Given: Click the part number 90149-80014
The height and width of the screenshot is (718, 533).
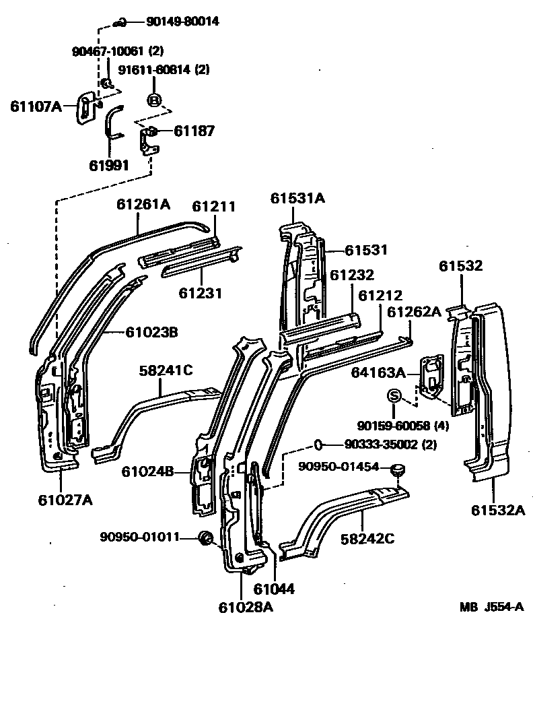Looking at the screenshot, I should (182, 22).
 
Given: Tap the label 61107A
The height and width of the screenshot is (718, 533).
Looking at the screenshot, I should (36, 106).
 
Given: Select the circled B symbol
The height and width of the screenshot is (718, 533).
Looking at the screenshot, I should (154, 100).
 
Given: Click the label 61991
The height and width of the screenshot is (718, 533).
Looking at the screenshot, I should (109, 165).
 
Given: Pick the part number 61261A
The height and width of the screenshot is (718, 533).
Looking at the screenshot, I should (143, 204).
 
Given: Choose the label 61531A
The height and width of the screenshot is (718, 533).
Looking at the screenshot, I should (298, 198).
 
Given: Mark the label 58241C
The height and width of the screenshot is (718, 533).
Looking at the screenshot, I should (166, 370).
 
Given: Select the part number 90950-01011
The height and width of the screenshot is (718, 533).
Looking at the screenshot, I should (139, 537).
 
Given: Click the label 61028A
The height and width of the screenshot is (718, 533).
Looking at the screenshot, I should (245, 607).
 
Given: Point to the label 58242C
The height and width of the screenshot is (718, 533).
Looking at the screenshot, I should (367, 538).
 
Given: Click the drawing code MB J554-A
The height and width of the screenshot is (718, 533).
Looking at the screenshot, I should (492, 607).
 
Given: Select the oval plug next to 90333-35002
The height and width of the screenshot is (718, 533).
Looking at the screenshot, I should (319, 444).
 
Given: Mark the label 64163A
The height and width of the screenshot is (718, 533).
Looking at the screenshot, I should (377, 372).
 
